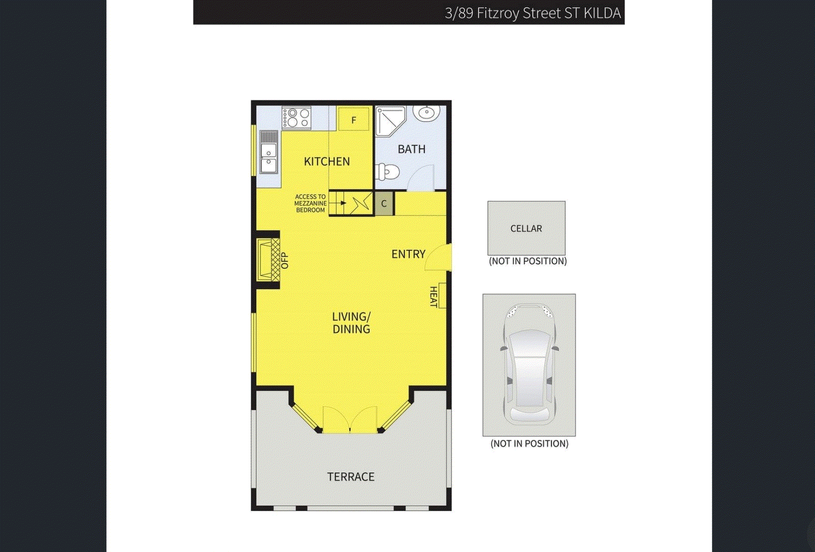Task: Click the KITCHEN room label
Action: (x=327, y=161)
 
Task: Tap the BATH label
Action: (x=411, y=149)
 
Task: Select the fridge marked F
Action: (x=354, y=120)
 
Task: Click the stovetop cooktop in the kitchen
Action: (x=296, y=118)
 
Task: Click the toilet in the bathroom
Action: (x=387, y=172)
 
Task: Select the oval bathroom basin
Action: (x=426, y=113)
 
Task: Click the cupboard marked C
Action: (x=384, y=204)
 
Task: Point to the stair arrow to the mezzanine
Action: (x=343, y=203)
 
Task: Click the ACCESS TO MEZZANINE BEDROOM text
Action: (x=310, y=203)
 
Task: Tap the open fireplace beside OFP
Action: (x=268, y=260)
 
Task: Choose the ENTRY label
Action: (x=408, y=254)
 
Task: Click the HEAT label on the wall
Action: (x=434, y=297)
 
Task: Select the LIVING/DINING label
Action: (x=351, y=323)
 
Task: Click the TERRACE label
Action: (x=351, y=477)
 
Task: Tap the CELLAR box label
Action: (x=526, y=229)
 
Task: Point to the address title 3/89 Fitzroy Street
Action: (x=532, y=13)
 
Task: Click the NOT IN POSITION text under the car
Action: (x=529, y=444)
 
